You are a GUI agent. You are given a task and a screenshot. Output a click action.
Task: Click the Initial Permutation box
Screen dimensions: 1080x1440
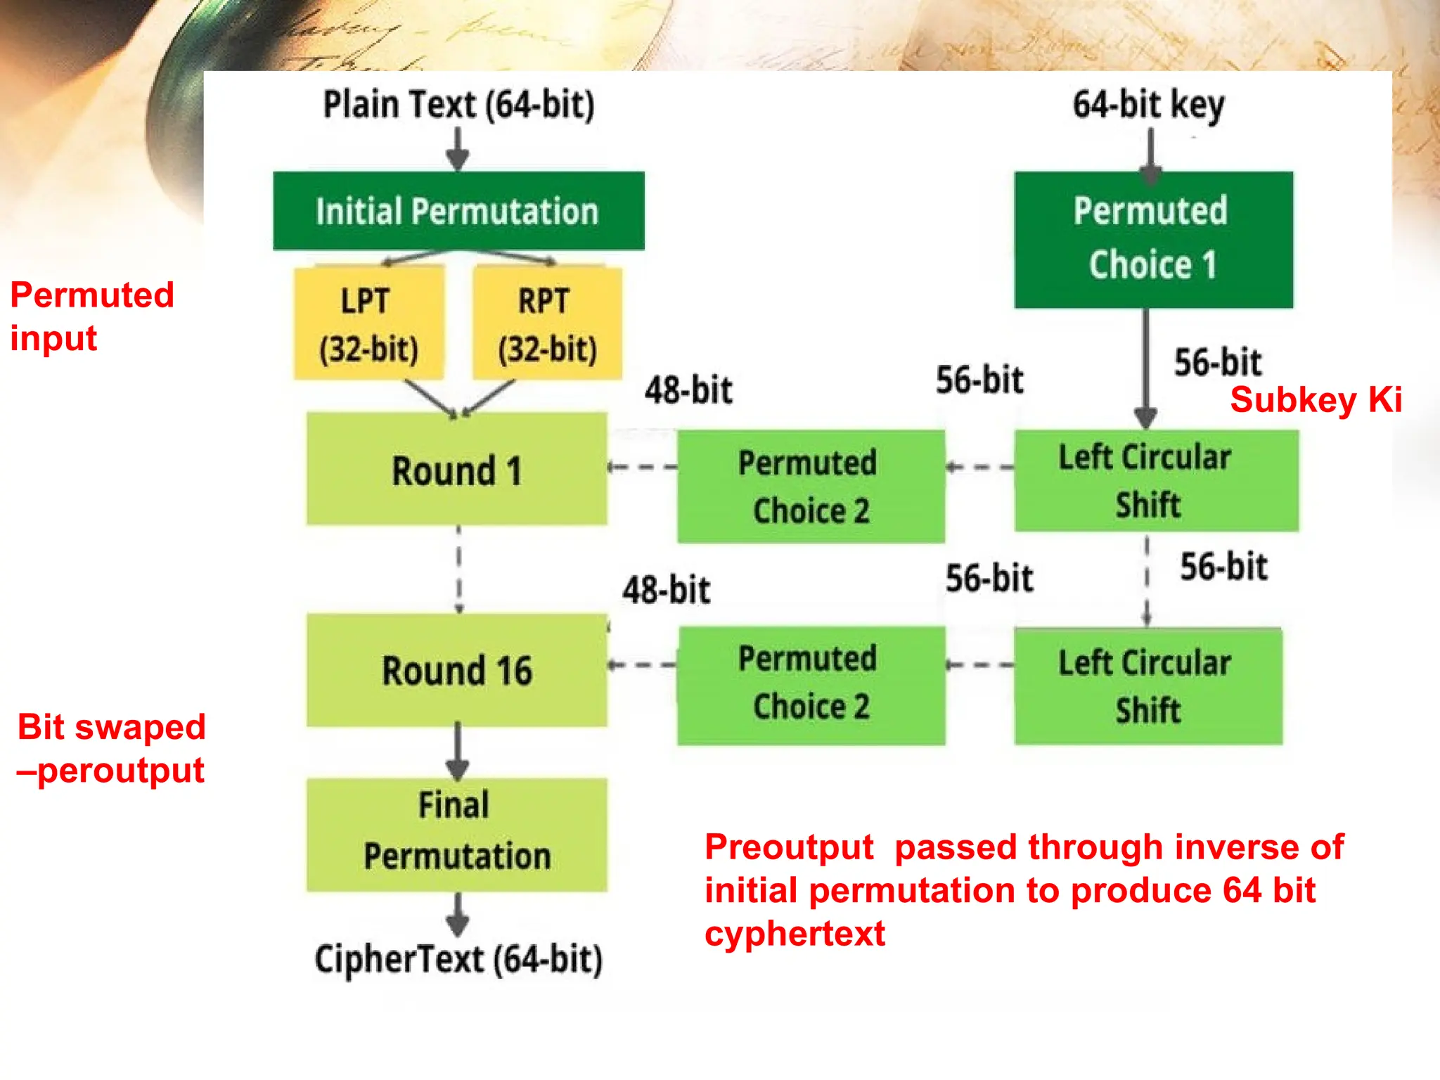click(458, 211)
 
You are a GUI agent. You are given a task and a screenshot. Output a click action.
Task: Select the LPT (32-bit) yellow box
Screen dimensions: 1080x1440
click(368, 323)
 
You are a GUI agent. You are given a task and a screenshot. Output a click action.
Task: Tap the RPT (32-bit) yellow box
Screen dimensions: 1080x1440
click(547, 323)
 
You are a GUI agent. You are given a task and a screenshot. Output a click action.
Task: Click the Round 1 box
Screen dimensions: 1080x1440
click(457, 469)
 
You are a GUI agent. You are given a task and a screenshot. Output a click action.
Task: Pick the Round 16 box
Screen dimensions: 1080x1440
click(457, 669)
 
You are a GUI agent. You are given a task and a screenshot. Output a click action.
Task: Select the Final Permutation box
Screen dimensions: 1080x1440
click(457, 834)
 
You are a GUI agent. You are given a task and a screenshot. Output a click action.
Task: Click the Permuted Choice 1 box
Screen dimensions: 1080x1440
click(1153, 239)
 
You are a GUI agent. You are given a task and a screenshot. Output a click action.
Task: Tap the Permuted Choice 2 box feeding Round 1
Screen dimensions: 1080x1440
click(811, 486)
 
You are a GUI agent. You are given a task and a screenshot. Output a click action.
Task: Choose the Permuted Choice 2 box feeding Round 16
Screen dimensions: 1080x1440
click(811, 684)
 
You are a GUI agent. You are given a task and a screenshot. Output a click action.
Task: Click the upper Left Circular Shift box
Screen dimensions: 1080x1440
click(1156, 481)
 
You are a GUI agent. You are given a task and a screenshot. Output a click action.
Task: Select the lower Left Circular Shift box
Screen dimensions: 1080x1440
click(1147, 686)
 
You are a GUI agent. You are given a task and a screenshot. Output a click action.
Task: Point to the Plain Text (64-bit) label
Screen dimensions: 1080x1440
click(458, 105)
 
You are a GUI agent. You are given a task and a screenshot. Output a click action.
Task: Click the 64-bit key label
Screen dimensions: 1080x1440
click(1147, 105)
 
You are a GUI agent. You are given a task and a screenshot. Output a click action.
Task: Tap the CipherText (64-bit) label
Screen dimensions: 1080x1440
click(458, 959)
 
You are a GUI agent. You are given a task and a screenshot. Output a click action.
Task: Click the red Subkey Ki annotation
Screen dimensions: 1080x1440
click(1316, 400)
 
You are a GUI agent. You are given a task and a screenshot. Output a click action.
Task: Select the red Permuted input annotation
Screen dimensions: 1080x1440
click(91, 316)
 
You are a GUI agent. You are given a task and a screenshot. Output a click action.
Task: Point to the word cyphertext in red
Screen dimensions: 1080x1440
click(795, 934)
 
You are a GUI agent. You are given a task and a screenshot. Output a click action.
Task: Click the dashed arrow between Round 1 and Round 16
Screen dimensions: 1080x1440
click(458, 570)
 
